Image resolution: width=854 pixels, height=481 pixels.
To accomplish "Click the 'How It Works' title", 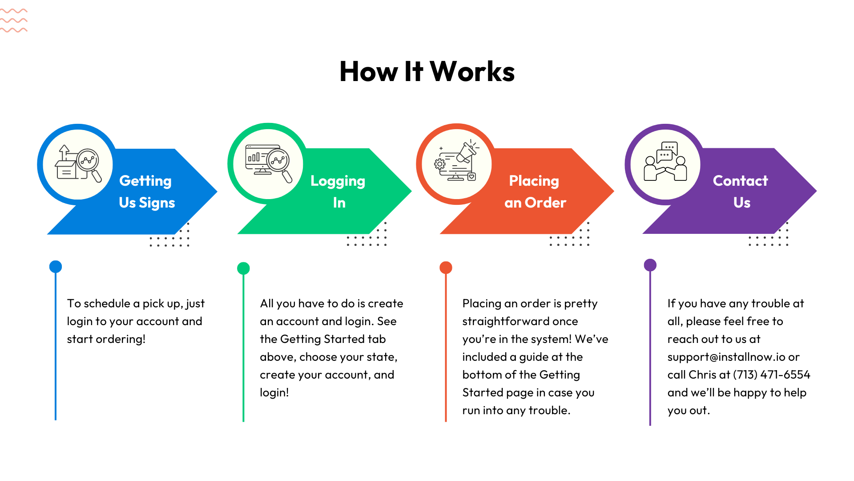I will point(427,71).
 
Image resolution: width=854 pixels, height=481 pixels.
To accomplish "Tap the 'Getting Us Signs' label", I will point(147,192).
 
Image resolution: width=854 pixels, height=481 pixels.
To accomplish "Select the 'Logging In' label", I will point(338,192).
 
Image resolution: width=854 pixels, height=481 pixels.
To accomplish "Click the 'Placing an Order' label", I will point(535,192).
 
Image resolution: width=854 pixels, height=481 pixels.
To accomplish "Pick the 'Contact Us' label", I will point(741,192).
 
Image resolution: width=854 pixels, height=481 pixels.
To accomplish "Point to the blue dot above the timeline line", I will point(56,267).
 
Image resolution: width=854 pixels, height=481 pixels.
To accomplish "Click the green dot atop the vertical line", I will point(243,268).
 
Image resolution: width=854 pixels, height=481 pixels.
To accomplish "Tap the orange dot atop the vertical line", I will point(446,268).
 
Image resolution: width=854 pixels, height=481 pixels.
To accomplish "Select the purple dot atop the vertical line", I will point(650,265).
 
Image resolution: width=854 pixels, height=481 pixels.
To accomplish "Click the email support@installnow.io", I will point(726,357).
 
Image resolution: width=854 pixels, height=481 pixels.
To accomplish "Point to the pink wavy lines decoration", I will point(14,20).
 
